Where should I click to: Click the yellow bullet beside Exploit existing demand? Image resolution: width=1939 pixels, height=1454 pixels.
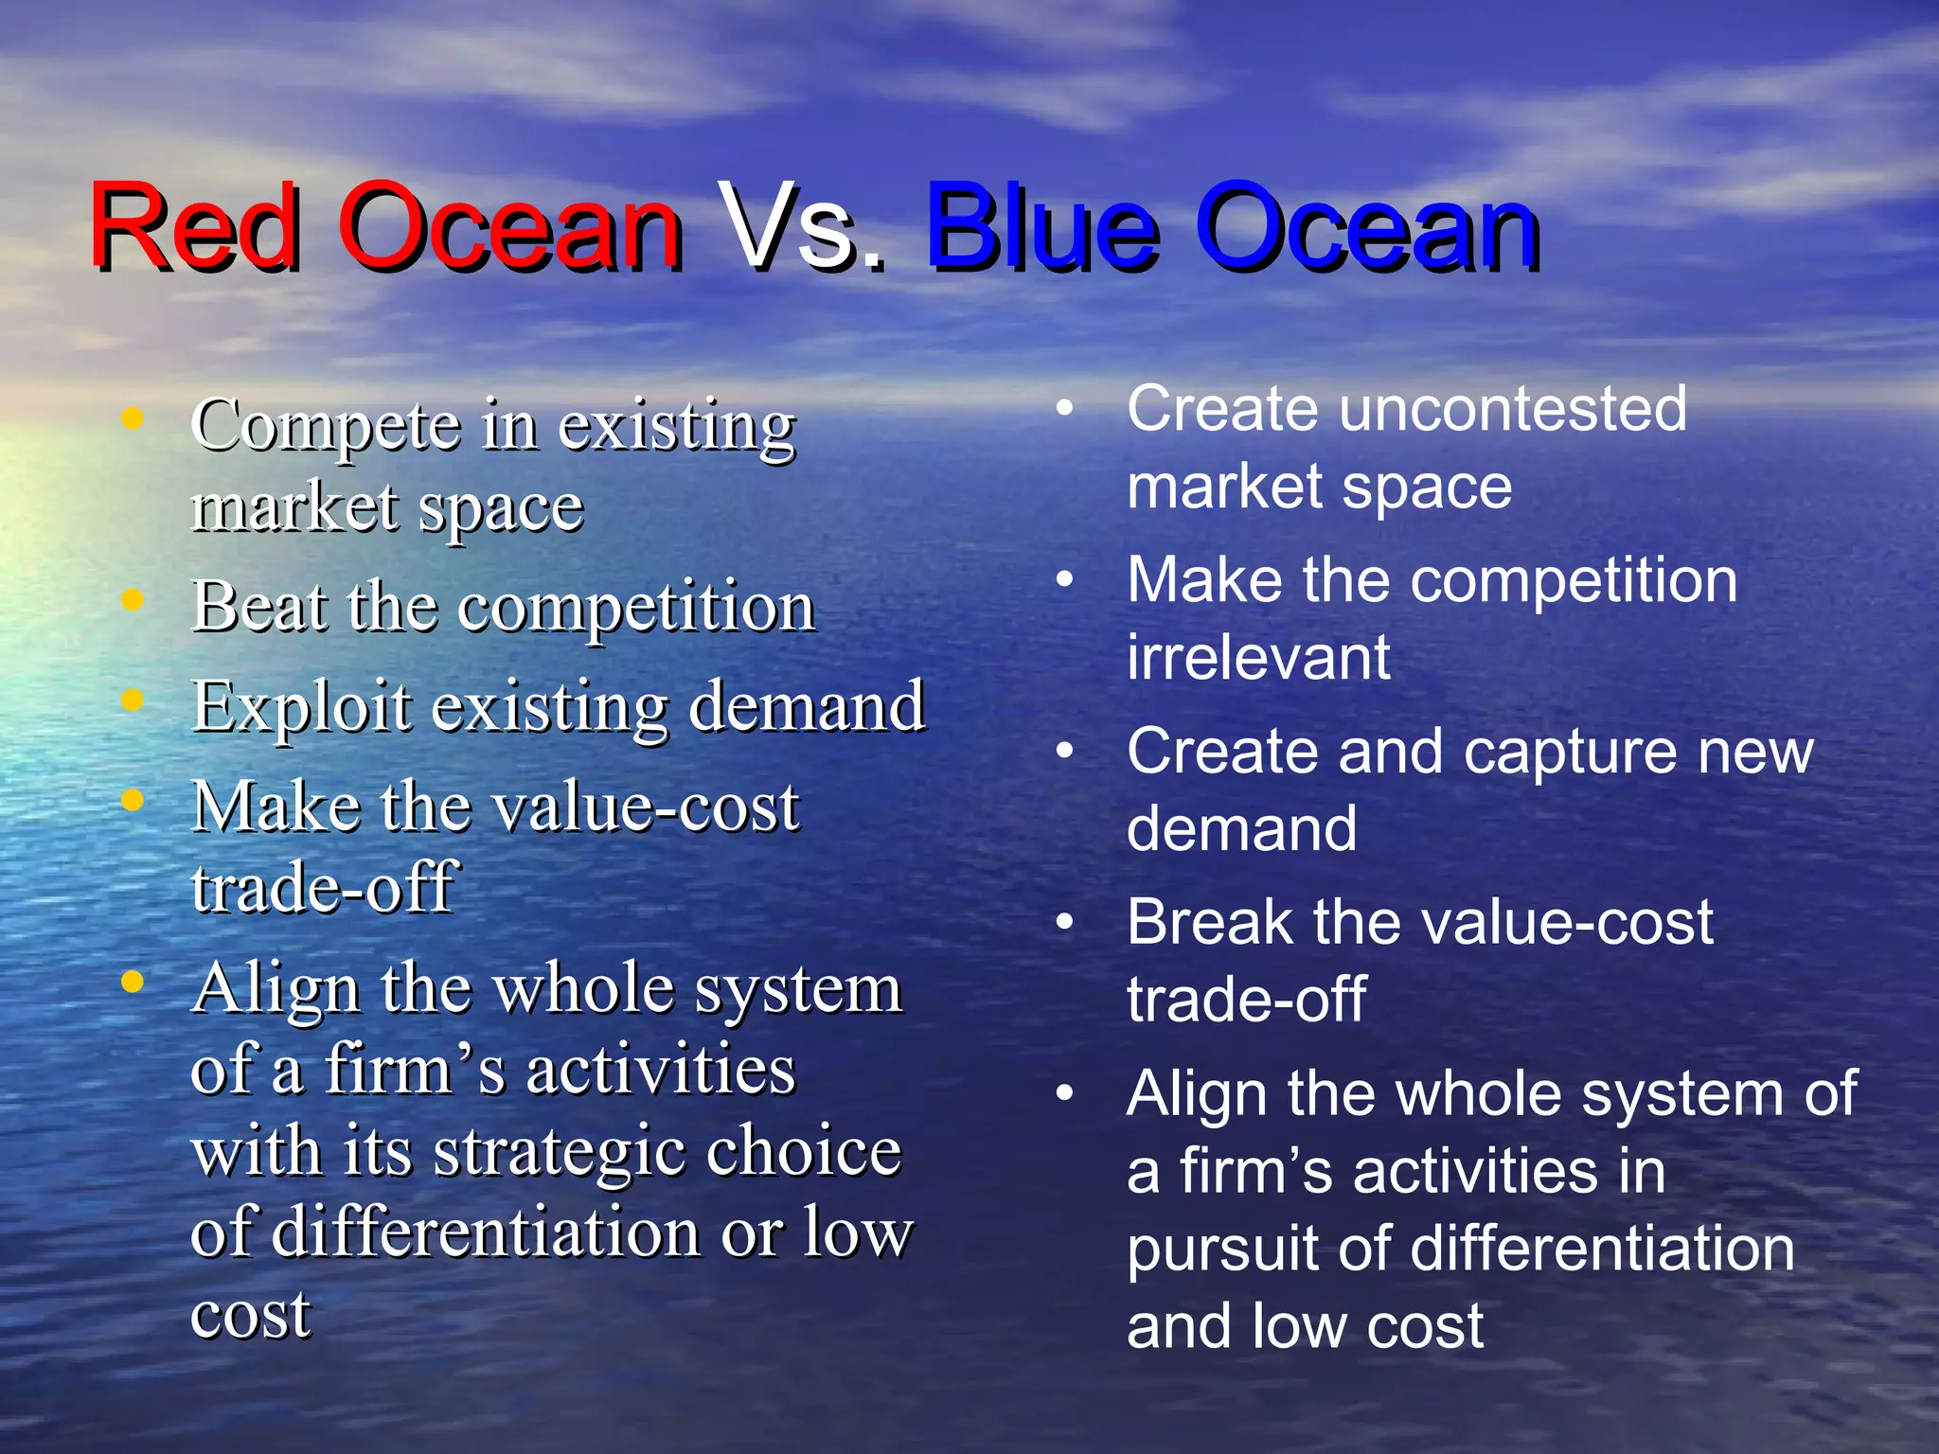[x=133, y=700]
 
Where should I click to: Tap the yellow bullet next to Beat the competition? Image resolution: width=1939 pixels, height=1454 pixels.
[x=133, y=599]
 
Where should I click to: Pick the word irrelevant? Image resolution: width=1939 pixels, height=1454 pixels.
[x=1258, y=657]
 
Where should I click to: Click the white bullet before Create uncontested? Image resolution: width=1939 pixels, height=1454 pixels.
[x=1065, y=408]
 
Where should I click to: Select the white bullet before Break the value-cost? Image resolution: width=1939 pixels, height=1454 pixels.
[x=1065, y=921]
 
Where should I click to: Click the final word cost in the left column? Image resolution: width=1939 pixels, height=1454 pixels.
[x=250, y=1315]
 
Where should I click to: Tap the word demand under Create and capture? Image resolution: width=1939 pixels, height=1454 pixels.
[x=1241, y=829]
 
